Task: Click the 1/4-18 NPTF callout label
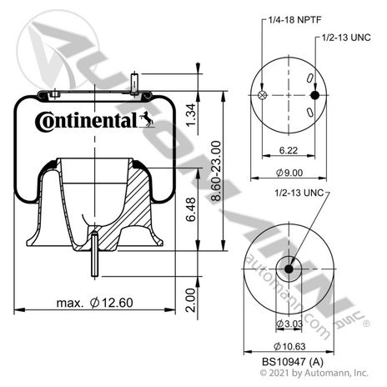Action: [294, 20]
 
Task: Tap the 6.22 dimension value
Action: [289, 150]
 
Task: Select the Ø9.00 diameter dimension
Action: [289, 173]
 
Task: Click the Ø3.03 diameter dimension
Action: [289, 324]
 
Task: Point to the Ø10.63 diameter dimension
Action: [289, 346]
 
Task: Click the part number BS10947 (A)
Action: [293, 362]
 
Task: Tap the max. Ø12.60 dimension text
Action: [95, 303]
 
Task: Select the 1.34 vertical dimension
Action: [191, 115]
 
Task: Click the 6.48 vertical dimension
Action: [191, 209]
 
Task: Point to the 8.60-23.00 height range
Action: [216, 171]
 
